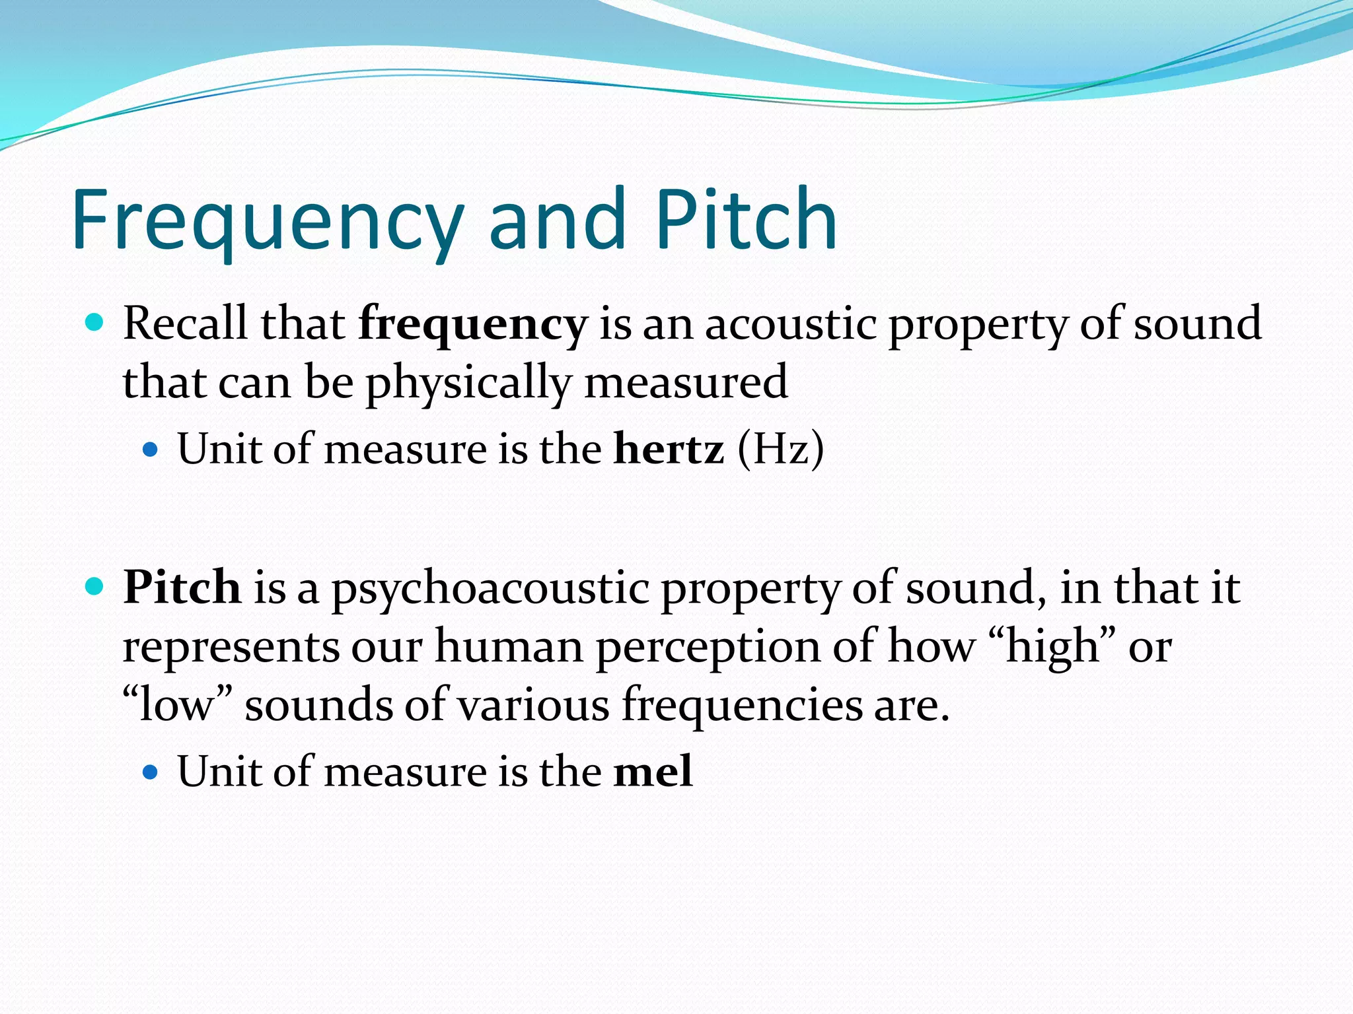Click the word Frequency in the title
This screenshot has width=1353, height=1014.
(x=268, y=221)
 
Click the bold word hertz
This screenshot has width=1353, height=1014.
(x=669, y=449)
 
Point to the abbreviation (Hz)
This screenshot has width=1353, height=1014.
(x=781, y=449)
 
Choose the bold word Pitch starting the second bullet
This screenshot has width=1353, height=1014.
(x=182, y=587)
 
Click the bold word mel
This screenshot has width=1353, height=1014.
(x=653, y=771)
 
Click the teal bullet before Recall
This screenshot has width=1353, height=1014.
(x=95, y=323)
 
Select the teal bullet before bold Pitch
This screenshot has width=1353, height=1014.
(x=95, y=586)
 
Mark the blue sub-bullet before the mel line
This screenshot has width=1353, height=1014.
(x=151, y=772)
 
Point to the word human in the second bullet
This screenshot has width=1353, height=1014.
(x=509, y=647)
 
